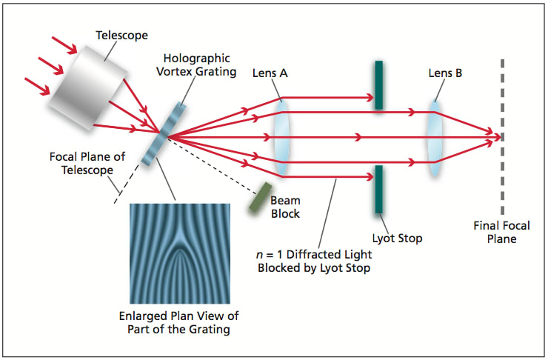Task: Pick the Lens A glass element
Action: coord(281,136)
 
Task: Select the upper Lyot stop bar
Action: coord(378,84)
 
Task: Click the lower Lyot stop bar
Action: coord(378,189)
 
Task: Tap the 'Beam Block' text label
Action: coord(284,207)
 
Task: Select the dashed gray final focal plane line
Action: coord(502,136)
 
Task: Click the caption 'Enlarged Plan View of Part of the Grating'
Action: coord(179,322)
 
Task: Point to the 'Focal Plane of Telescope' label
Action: coord(81,164)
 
